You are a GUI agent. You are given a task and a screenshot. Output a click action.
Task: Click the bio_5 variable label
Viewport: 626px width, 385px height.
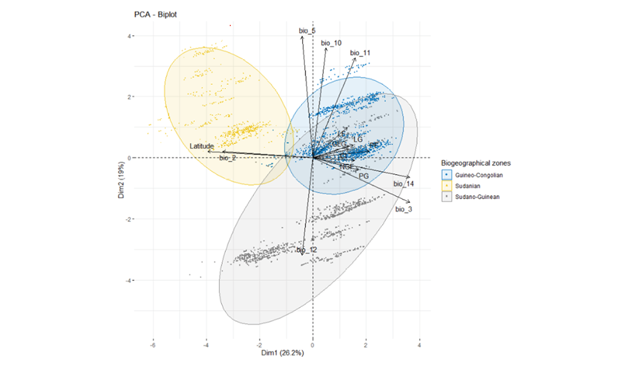(307, 30)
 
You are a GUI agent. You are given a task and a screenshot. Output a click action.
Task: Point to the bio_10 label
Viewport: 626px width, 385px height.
(331, 43)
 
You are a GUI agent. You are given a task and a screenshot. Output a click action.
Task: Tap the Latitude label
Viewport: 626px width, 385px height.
(202, 147)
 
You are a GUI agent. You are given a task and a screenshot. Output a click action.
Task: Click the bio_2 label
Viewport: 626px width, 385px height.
(227, 157)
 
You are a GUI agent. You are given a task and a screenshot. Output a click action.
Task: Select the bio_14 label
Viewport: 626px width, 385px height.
(404, 184)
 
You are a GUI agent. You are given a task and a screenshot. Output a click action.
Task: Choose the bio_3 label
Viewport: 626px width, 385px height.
(404, 209)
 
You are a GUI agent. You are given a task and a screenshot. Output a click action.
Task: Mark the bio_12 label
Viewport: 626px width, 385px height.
(307, 250)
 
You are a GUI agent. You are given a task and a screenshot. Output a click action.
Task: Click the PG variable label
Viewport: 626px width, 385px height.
(364, 176)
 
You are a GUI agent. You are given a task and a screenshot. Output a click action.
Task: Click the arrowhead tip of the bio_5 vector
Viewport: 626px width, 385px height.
(302, 36)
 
